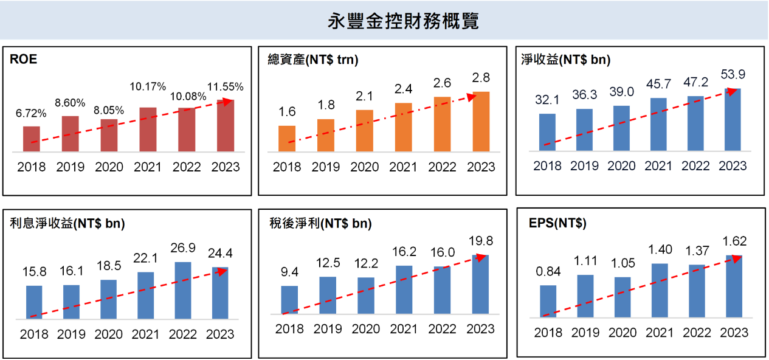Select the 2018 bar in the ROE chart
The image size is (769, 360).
tap(32, 139)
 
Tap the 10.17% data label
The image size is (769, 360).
tap(148, 86)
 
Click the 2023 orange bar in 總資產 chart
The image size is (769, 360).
tap(481, 121)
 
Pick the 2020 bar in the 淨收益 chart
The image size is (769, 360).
tap(621, 128)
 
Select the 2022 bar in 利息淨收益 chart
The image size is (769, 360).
tap(183, 290)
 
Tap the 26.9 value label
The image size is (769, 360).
tap(183, 249)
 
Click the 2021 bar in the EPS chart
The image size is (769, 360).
tap(660, 290)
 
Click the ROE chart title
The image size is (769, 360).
tap(24, 59)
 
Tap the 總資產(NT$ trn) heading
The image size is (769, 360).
tap(312, 60)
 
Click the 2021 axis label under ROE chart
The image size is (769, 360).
tap(148, 167)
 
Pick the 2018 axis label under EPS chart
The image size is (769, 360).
tap(548, 333)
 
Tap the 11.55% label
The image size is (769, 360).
tap(225, 86)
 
